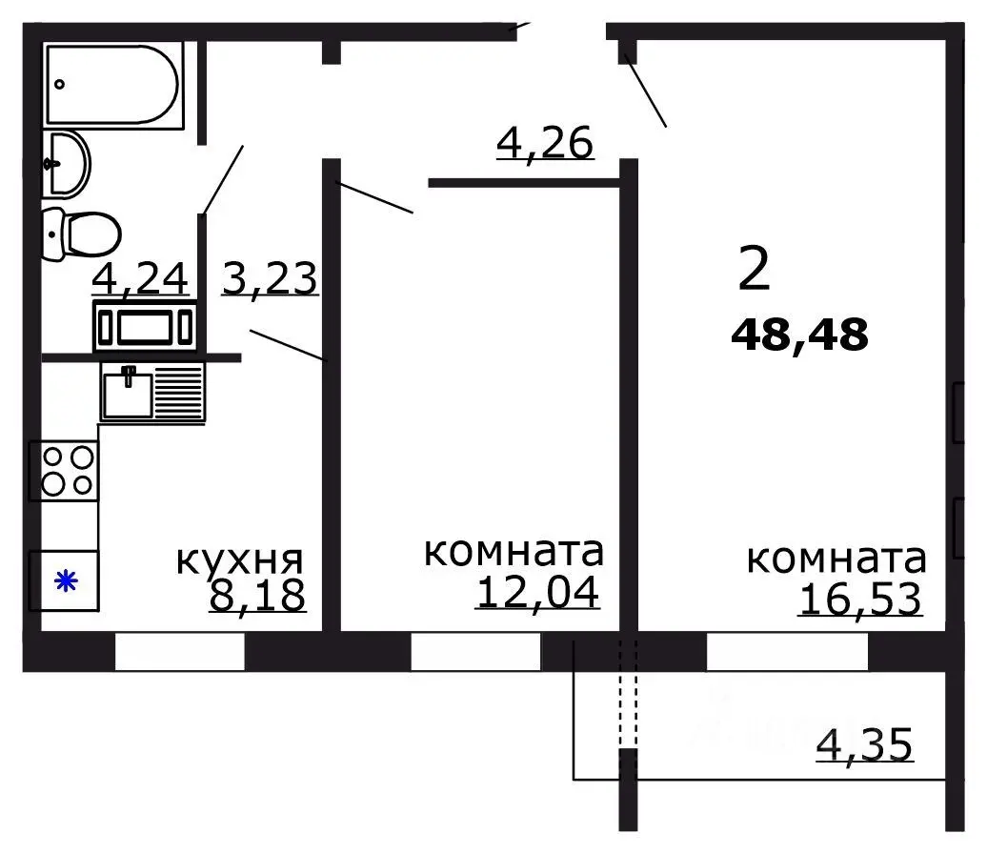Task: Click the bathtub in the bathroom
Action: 111,85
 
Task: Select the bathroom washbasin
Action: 66,163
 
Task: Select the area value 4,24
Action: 141,280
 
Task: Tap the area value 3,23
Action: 269,280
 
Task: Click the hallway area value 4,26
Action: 545,143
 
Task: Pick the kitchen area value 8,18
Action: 256,595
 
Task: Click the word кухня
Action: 239,559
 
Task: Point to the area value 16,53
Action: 860,600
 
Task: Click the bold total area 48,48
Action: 799,335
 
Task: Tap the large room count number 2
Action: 754,270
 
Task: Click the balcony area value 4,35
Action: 865,744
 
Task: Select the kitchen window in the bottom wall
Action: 179,651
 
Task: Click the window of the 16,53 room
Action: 787,651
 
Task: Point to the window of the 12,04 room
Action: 476,651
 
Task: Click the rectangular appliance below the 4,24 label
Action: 145,326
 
